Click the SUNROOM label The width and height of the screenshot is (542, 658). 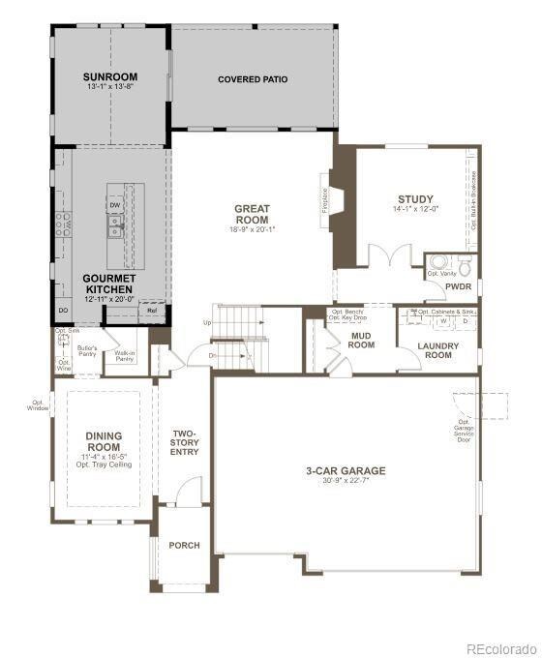click(109, 76)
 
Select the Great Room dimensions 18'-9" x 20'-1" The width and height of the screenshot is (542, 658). click(252, 229)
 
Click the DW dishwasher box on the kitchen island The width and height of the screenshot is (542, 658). click(115, 205)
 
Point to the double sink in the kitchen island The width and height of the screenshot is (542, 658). click(115, 227)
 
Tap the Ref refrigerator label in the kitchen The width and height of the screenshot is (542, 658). click(153, 311)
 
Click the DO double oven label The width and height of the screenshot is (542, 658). click(63, 310)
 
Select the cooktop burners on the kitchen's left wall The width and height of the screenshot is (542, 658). click(64, 224)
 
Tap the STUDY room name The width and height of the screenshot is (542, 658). click(415, 199)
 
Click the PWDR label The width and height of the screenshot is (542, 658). click(458, 286)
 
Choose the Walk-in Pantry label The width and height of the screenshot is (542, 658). click(124, 355)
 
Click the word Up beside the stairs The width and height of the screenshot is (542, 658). click(206, 322)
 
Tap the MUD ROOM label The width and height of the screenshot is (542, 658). click(362, 340)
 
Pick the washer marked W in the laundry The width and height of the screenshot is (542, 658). click(444, 321)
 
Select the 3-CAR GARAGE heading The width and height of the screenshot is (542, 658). click(346, 471)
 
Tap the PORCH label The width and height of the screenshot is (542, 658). click(184, 546)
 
